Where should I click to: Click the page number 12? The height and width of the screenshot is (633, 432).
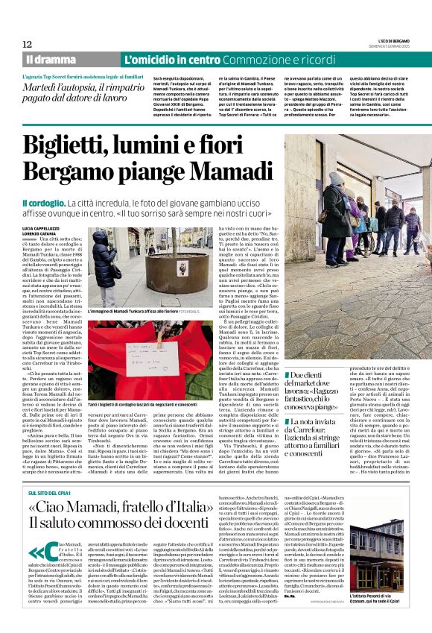coord(27,44)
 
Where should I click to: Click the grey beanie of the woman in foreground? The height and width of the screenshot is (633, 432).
coord(336,179)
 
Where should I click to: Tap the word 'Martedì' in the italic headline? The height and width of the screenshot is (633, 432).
coord(44,87)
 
